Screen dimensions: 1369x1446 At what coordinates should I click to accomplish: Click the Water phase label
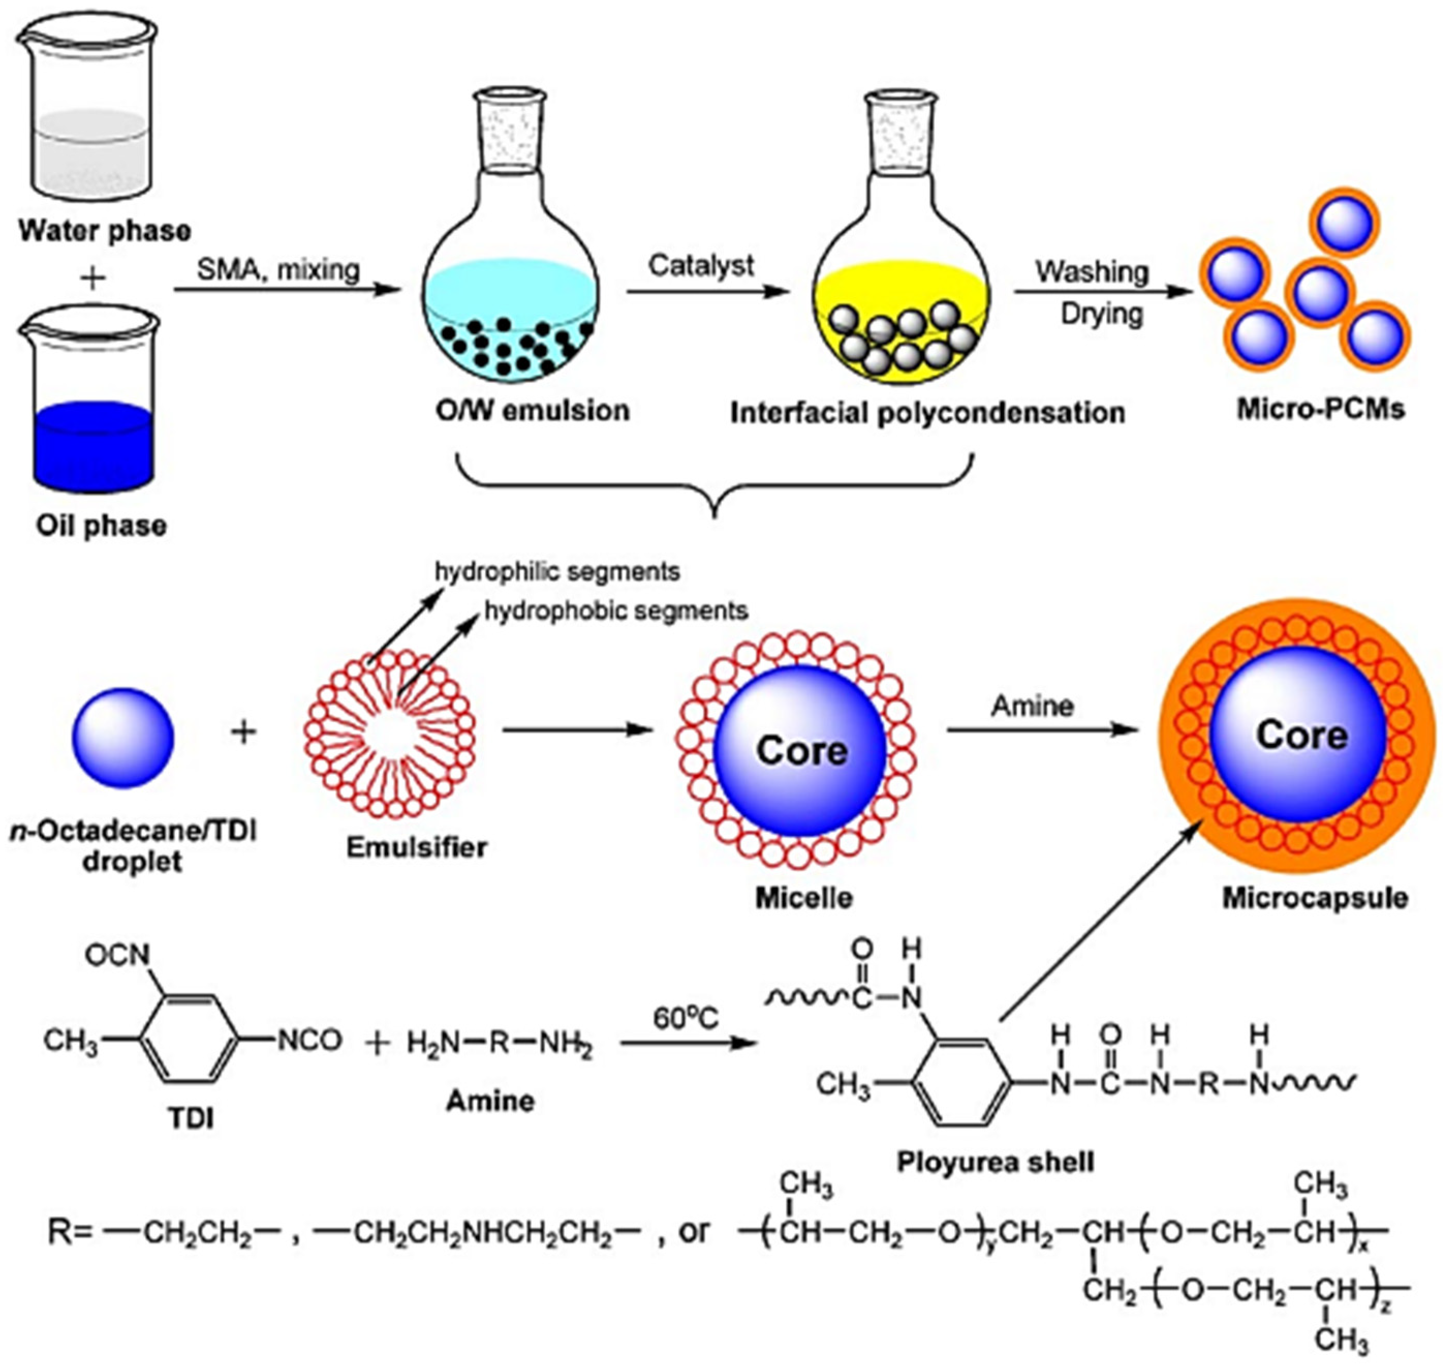pos(104,231)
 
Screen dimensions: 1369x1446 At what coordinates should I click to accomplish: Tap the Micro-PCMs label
pos(1320,409)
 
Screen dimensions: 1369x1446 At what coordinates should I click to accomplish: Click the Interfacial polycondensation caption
pos(927,413)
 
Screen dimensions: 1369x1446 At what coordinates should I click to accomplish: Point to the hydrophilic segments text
pos(557,571)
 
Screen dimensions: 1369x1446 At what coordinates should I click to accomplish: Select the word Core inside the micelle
pos(801,750)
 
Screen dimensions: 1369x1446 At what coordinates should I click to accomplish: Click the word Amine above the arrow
pos(1032,706)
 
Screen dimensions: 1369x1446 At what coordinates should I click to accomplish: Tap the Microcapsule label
pos(1315,897)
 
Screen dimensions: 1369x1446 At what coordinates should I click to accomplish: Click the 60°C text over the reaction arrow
pos(685,1018)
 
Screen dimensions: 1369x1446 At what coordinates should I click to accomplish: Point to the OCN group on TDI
pos(117,955)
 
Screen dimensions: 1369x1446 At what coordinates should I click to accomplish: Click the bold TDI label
pos(191,1118)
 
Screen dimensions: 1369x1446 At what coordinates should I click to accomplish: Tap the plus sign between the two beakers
pos(92,278)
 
